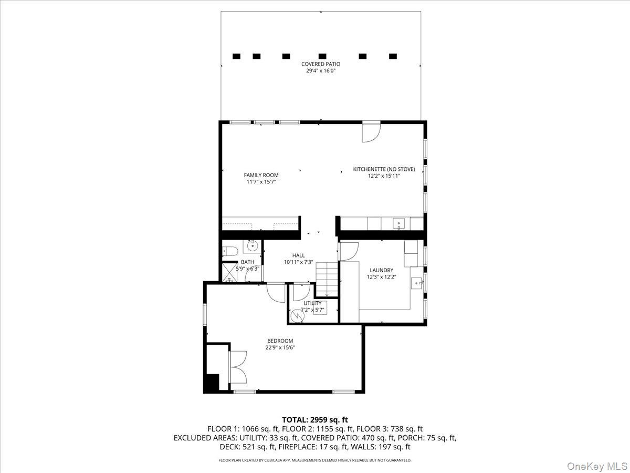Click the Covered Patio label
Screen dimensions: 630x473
pyautogui.click(x=321, y=64)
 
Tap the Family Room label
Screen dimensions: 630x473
pyautogui.click(x=261, y=175)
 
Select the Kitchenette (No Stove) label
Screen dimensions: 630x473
pyautogui.click(x=384, y=169)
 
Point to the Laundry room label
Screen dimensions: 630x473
pyautogui.click(x=382, y=270)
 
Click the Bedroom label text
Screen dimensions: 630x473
pyautogui.click(x=280, y=341)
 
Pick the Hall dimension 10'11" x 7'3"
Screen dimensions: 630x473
pyautogui.click(x=299, y=262)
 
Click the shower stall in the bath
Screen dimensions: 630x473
pyautogui.click(x=230, y=272)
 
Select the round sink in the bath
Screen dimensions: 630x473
pyautogui.click(x=253, y=246)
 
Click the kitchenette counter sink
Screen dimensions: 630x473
pyautogui.click(x=398, y=223)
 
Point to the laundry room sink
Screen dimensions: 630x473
pyautogui.click(x=416, y=283)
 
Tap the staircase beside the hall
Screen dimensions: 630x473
pyautogui.click(x=327, y=279)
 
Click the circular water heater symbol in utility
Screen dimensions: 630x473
pyautogui.click(x=297, y=316)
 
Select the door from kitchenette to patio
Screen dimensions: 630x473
pyautogui.click(x=371, y=132)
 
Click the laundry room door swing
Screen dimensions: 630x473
pyautogui.click(x=349, y=252)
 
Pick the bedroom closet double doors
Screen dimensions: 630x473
pyautogui.click(x=238, y=367)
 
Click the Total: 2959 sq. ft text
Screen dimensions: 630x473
pyautogui.click(x=315, y=420)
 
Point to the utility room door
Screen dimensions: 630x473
pyautogui.click(x=302, y=292)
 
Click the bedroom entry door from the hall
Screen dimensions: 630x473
pyautogui.click(x=276, y=292)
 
